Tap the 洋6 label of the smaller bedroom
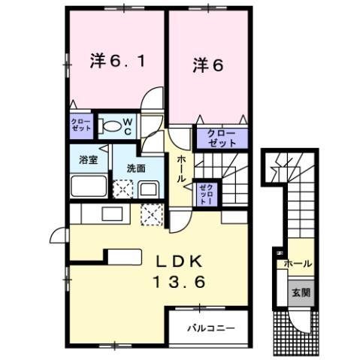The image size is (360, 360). [x=207, y=66]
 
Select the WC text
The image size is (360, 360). [x=129, y=126]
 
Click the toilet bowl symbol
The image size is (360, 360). [x=110, y=126]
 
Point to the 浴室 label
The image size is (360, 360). [x=89, y=159]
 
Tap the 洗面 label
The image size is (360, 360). [x=135, y=167]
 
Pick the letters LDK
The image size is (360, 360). [x=178, y=262]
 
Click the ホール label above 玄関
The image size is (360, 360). [x=298, y=264]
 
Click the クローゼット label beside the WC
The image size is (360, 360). [x=81, y=126]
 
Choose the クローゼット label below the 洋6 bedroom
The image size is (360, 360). [x=216, y=138]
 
